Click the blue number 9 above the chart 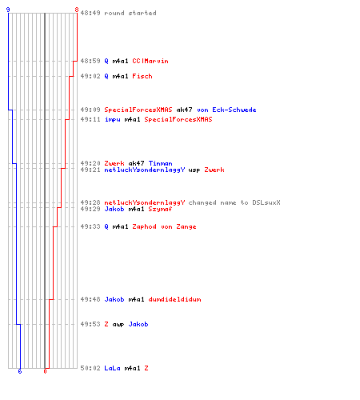[x=8, y=10]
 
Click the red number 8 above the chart [x=77, y=10]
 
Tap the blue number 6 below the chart [x=20, y=371]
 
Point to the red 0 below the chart [x=45, y=371]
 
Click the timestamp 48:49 [x=90, y=13]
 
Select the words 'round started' [x=130, y=13]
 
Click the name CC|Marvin [x=150, y=61]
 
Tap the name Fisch [x=142, y=76]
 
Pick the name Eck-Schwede [x=234, y=110]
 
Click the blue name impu [x=112, y=119]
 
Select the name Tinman [x=161, y=163]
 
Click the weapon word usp [x=194, y=170]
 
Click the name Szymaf [x=160, y=209]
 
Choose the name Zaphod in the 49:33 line [x=144, y=226]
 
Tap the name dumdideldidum [x=174, y=299]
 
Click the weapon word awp [x=118, y=325]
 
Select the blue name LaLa [x=112, y=368]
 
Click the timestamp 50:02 [x=90, y=368]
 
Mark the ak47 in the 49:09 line [x=184, y=110]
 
